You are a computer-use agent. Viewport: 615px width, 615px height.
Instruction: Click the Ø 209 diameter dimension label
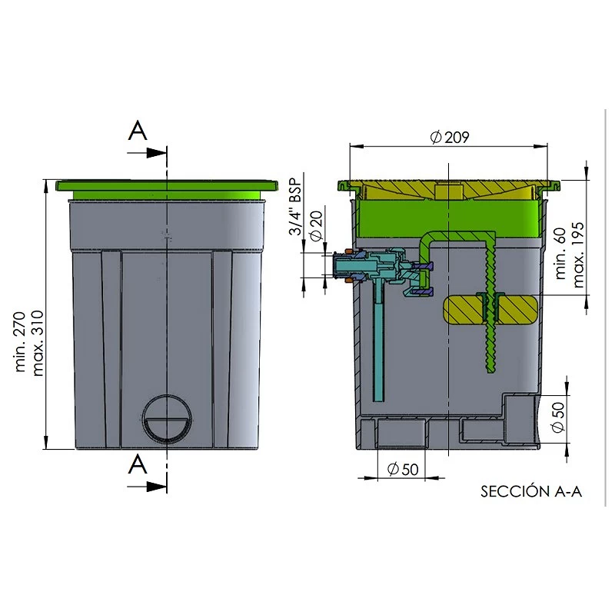coord(449,138)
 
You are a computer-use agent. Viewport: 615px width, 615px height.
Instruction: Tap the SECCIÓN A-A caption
coord(531,491)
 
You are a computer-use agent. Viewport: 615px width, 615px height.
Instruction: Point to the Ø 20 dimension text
coord(316,225)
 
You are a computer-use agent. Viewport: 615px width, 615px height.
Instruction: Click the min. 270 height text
coord(20,341)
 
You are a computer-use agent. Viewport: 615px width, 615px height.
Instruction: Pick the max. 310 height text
coord(38,344)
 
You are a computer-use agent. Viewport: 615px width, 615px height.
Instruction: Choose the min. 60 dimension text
coord(560,254)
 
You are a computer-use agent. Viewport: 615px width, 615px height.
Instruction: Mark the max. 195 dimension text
coord(579,255)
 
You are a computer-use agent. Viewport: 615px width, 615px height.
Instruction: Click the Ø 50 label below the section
coord(403,469)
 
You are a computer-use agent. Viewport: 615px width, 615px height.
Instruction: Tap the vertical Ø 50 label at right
coord(558,417)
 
